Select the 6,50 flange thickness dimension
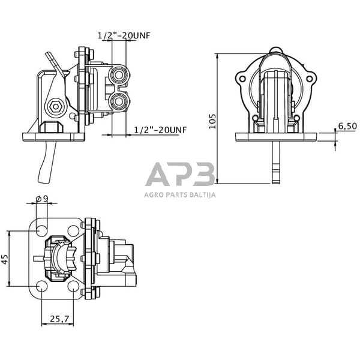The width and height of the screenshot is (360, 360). click(347, 126)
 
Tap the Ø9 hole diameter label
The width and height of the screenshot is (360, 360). click(42, 199)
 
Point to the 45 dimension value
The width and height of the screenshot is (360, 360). click(5, 260)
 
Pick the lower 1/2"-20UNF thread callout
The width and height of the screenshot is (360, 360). click(160, 130)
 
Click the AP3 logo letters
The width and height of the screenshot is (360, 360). click(179, 175)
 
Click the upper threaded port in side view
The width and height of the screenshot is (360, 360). click(120, 76)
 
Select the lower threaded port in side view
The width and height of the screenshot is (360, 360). click(120, 101)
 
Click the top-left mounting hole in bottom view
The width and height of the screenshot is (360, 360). click(41, 229)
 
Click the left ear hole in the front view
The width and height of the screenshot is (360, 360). click(241, 79)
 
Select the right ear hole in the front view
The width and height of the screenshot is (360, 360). click(310, 79)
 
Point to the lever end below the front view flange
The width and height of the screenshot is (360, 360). click(275, 174)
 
